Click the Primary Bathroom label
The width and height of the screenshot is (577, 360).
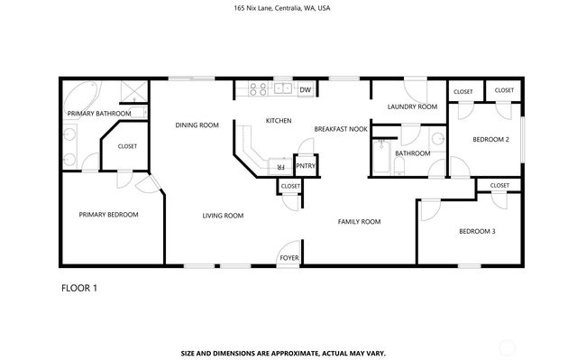[x=99, y=114]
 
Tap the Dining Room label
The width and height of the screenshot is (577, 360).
[x=197, y=125]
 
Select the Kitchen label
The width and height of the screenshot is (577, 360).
[x=279, y=120]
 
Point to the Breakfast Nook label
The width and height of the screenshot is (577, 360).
[x=341, y=129]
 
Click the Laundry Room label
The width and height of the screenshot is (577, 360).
[x=412, y=106]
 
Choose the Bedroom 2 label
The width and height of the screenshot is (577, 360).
[x=492, y=140]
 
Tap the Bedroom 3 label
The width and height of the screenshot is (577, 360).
[x=477, y=232]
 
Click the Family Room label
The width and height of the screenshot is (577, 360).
[x=359, y=221]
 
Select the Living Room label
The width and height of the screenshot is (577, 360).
[x=223, y=216]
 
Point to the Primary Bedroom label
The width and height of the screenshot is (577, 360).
[x=108, y=215]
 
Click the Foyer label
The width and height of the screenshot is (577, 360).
[x=288, y=257]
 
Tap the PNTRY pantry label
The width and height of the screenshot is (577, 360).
[x=306, y=166]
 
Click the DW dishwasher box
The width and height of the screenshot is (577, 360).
[x=306, y=89]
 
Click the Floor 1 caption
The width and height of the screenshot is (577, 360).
[x=78, y=288]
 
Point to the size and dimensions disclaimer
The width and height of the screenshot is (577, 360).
[x=288, y=353]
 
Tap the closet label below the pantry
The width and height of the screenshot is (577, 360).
[x=290, y=186]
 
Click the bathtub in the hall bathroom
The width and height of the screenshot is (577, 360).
[x=380, y=160]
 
